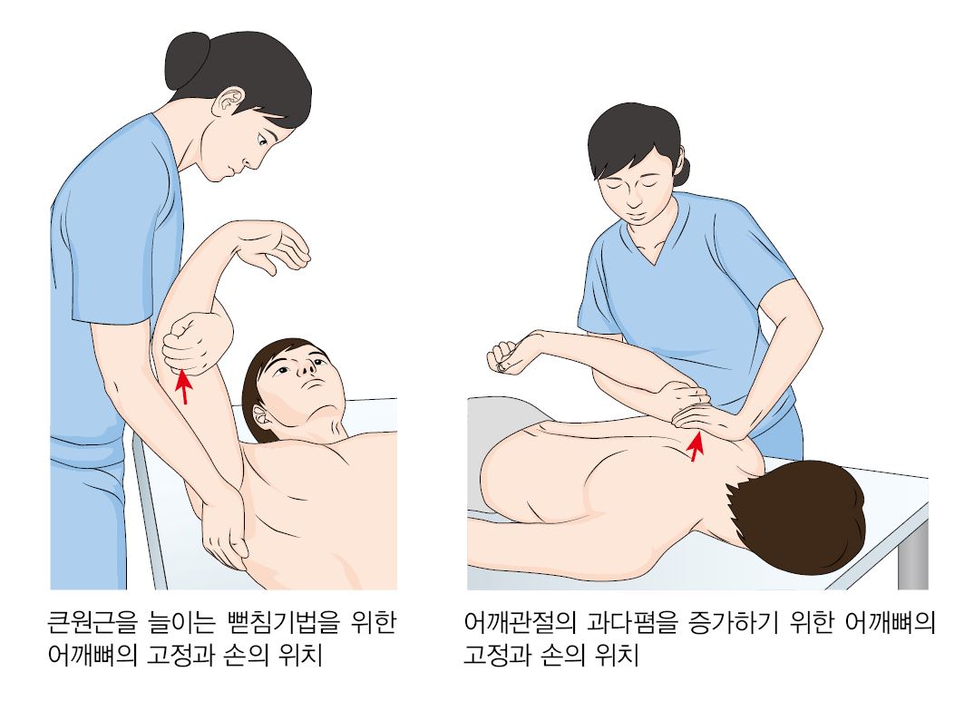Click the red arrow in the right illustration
(x=696, y=446)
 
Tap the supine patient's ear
(x=261, y=414)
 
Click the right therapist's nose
(x=634, y=199)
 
